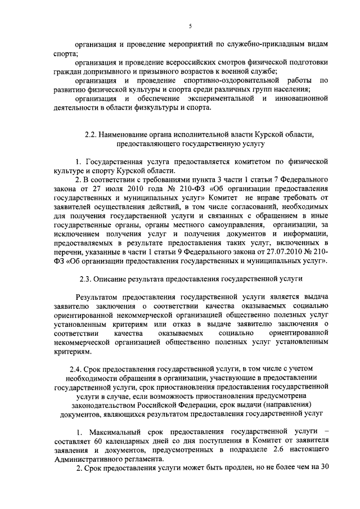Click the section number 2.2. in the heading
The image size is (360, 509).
90,135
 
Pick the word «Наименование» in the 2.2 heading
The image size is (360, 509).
123,135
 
